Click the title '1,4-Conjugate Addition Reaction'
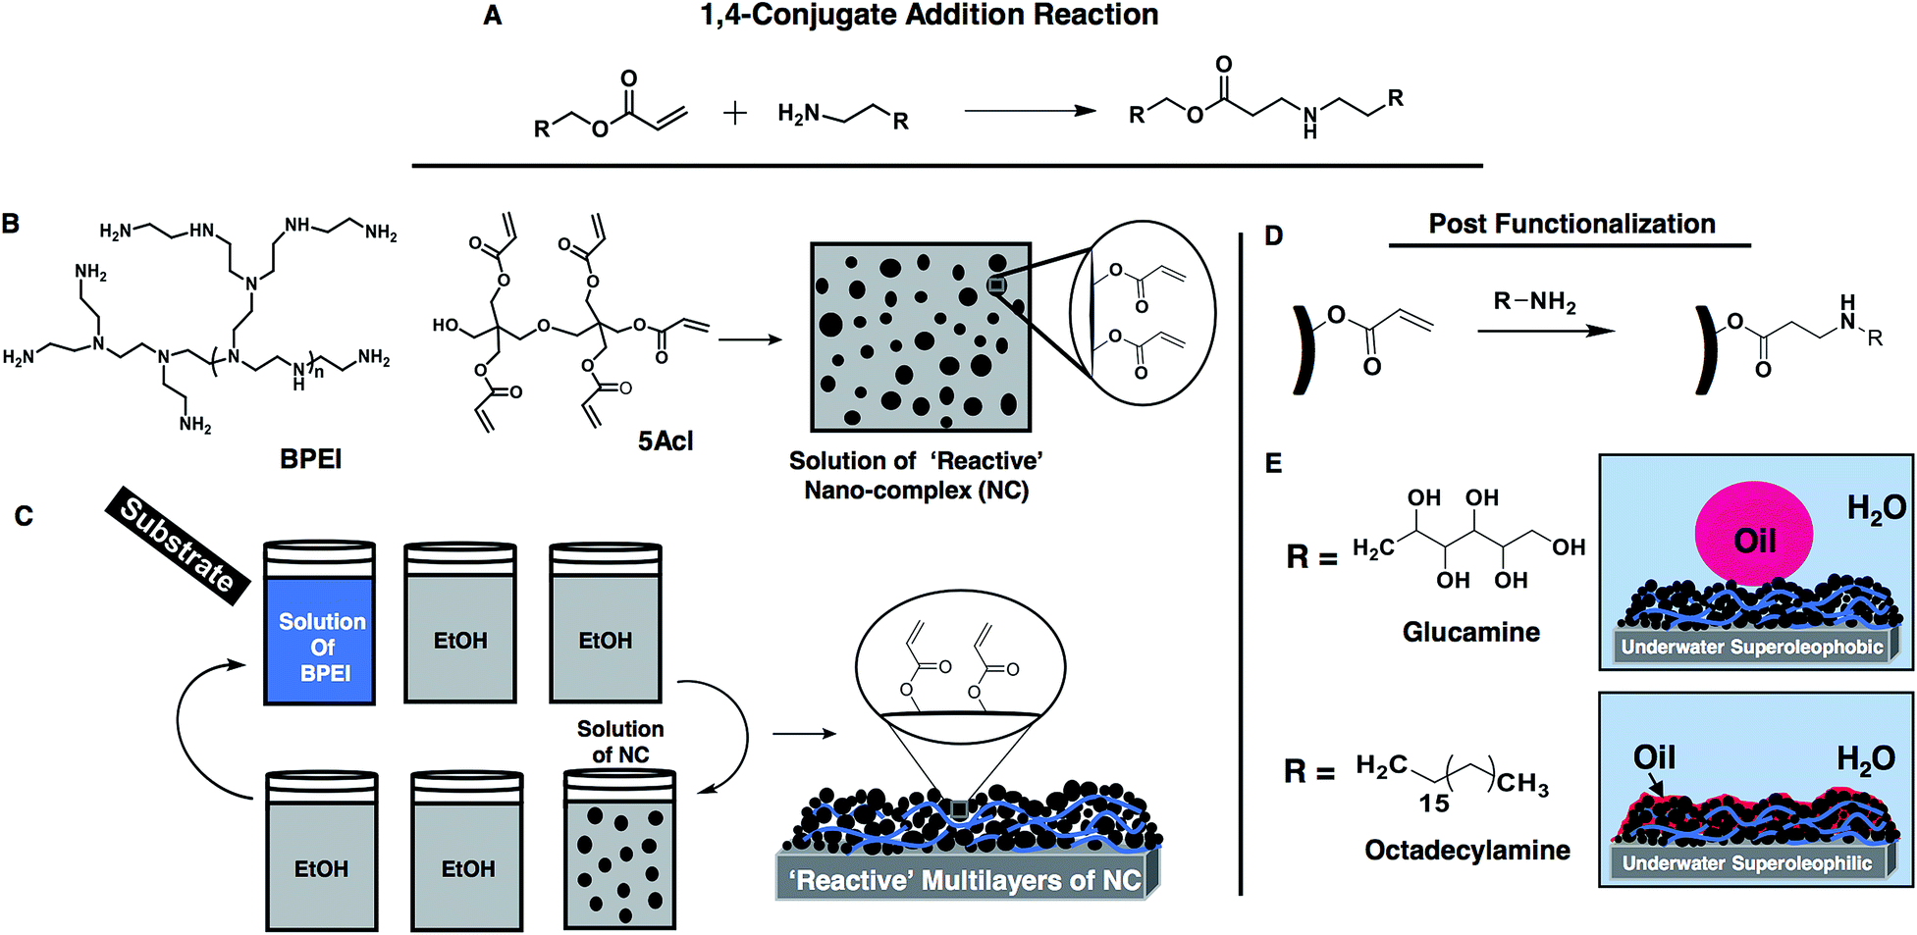point(929,16)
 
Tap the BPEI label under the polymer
point(310,459)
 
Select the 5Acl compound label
point(666,442)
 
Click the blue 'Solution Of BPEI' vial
point(320,638)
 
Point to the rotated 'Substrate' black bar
point(178,545)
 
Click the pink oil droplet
point(1753,535)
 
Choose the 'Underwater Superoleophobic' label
point(1752,647)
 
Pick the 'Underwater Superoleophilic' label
point(1747,863)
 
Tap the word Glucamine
point(1470,632)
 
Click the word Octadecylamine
point(1466,850)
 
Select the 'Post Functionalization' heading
point(1571,224)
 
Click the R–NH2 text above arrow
point(1534,302)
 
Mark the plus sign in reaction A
point(734,114)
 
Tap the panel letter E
point(1273,463)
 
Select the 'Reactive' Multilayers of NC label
point(966,880)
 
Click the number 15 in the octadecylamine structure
point(1433,804)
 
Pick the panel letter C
point(24,516)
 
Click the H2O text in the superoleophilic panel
point(1865,758)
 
